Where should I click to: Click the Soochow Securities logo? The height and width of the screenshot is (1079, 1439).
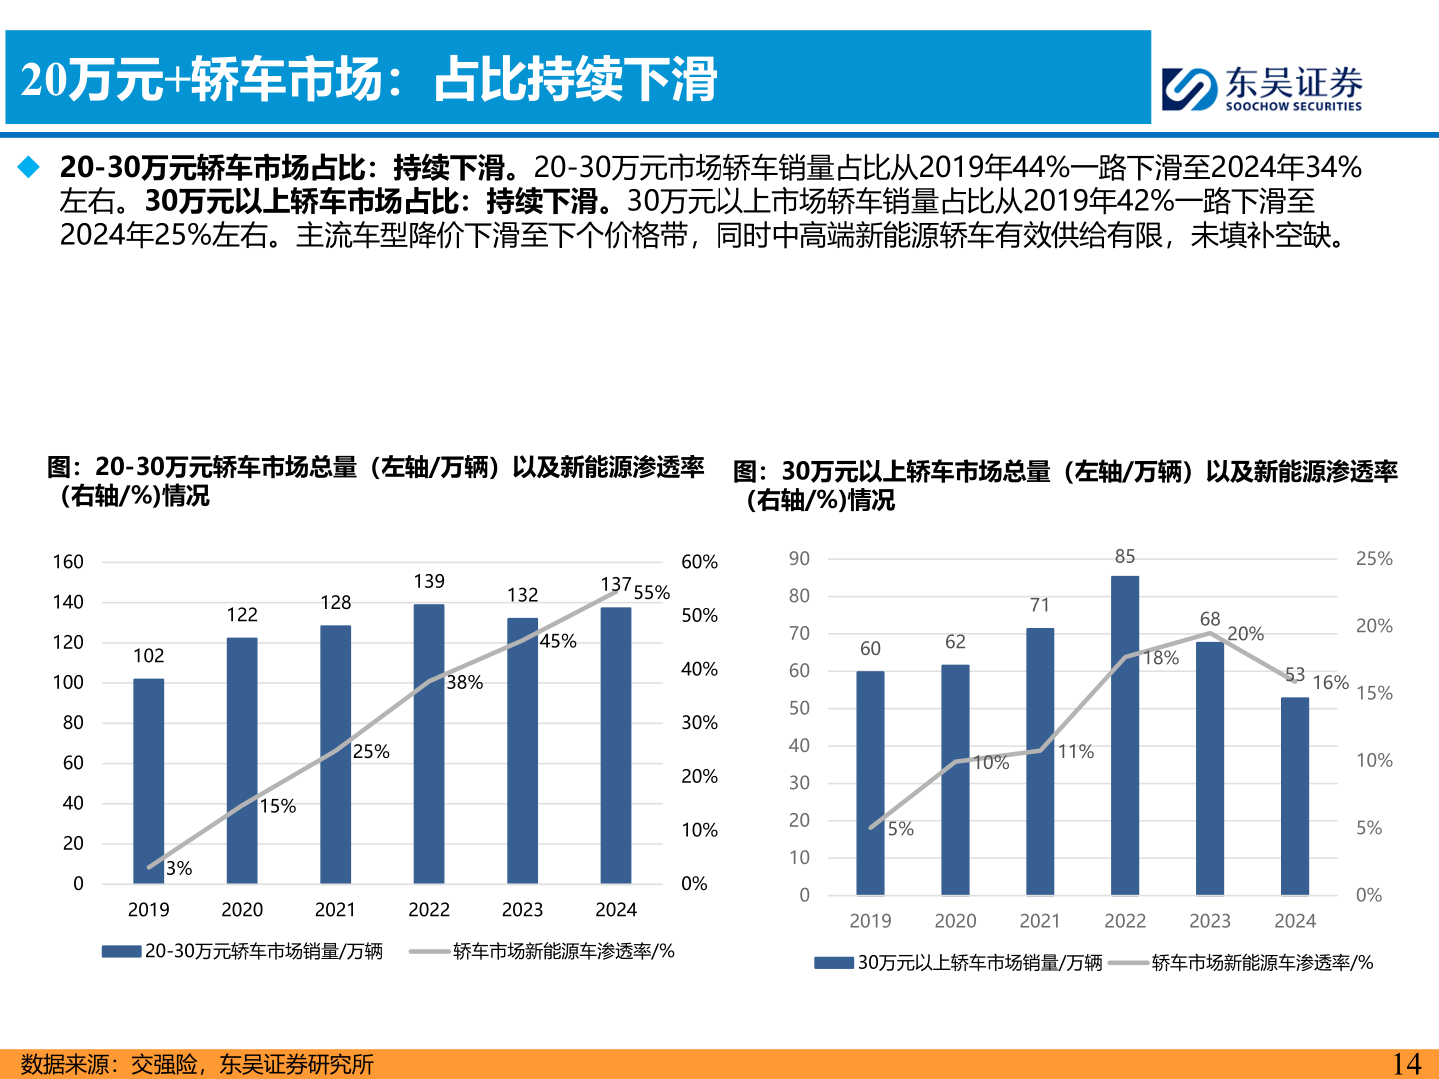pos(1261,88)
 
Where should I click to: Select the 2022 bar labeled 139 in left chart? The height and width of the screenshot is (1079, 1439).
pos(429,743)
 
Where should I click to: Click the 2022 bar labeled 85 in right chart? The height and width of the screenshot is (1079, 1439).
pos(1125,735)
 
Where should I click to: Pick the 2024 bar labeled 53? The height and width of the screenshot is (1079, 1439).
pos(1295,796)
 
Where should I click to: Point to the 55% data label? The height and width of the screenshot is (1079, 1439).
pos(651,593)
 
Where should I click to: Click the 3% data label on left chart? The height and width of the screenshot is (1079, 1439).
pos(179,869)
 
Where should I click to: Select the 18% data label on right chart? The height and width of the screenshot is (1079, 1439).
pos(1161,658)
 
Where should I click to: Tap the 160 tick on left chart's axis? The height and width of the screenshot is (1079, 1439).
pos(68,562)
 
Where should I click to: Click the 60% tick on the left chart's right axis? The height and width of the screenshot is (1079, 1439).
pos(699,562)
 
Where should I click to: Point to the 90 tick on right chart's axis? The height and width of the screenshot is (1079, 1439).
pos(799,559)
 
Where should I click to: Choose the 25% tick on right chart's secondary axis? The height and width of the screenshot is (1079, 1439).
pos(1374,559)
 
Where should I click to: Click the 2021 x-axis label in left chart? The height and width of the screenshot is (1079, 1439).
pos(335,910)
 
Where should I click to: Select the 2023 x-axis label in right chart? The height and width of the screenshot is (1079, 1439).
pos(1210,921)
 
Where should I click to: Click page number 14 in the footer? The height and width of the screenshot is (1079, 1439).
pos(1406,1064)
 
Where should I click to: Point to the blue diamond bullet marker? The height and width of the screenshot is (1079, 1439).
pos(29,167)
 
